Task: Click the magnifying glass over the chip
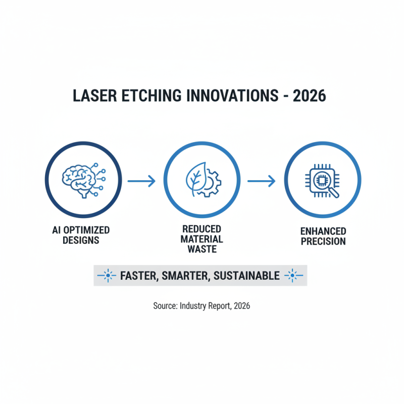point(331,190)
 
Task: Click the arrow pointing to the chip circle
point(261,181)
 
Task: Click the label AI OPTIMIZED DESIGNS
point(81,235)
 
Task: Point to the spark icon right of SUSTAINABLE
point(293,276)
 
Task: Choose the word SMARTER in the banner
point(187,276)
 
